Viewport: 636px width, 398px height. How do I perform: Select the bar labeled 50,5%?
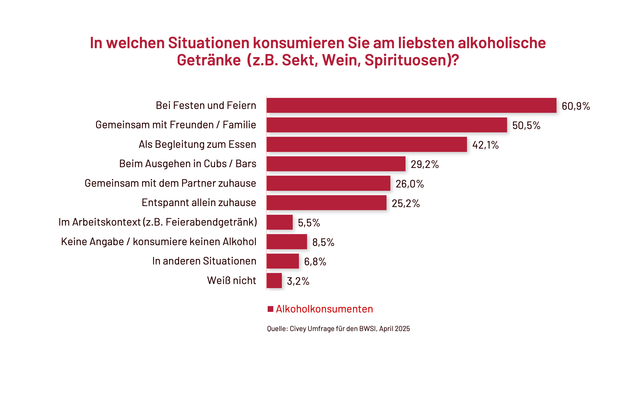click(x=387, y=125)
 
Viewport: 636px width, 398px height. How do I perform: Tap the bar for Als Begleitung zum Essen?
click(x=367, y=144)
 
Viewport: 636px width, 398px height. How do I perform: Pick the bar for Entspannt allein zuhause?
click(x=326, y=203)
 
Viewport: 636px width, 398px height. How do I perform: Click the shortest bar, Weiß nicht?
click(x=274, y=281)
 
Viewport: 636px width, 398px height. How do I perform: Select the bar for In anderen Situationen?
click(x=283, y=261)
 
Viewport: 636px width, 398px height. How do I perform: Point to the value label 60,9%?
click(x=576, y=106)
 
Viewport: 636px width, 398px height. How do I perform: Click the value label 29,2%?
click(x=425, y=164)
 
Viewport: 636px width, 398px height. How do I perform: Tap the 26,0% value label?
click(x=410, y=184)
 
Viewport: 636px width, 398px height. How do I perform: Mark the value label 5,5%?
click(x=309, y=223)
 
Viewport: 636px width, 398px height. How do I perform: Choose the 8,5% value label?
click(x=323, y=242)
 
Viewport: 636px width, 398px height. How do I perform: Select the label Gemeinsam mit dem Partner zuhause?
click(x=170, y=183)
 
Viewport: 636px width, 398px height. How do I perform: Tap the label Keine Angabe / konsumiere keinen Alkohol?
click(x=159, y=242)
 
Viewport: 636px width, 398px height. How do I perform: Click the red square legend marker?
click(x=270, y=309)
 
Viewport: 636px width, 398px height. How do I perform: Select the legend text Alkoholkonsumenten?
click(x=324, y=309)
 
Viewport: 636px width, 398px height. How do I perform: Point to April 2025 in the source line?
click(x=394, y=329)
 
